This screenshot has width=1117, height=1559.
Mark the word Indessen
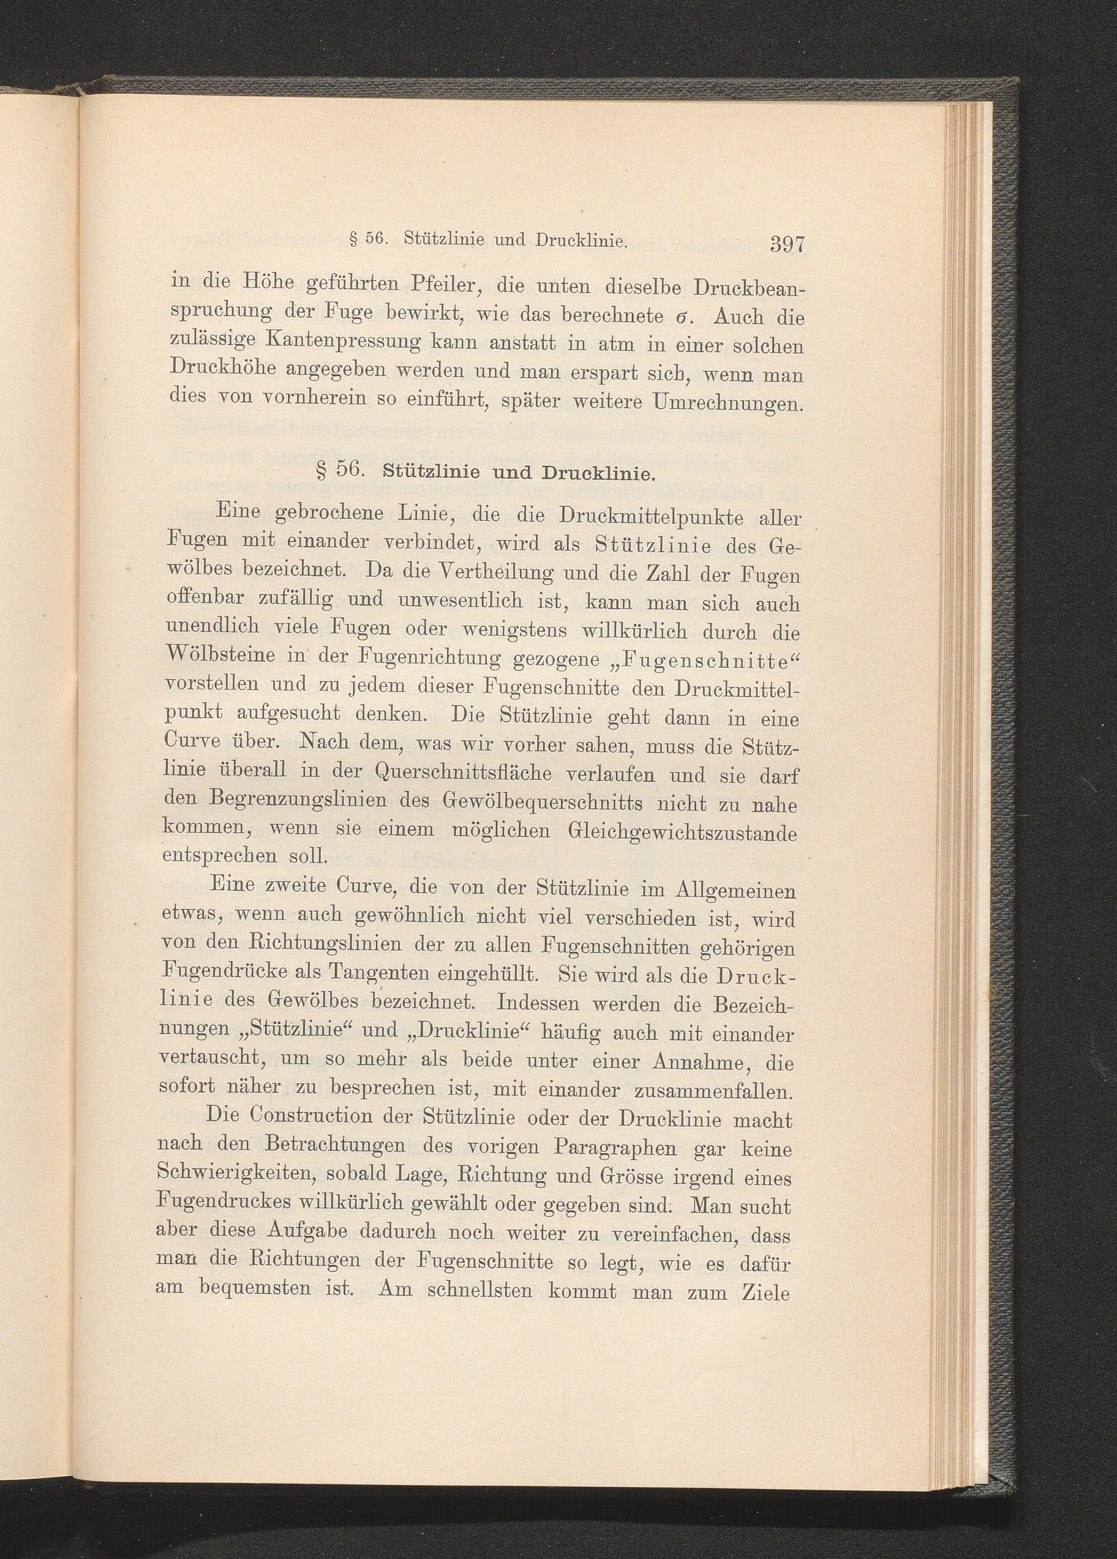point(550,1003)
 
